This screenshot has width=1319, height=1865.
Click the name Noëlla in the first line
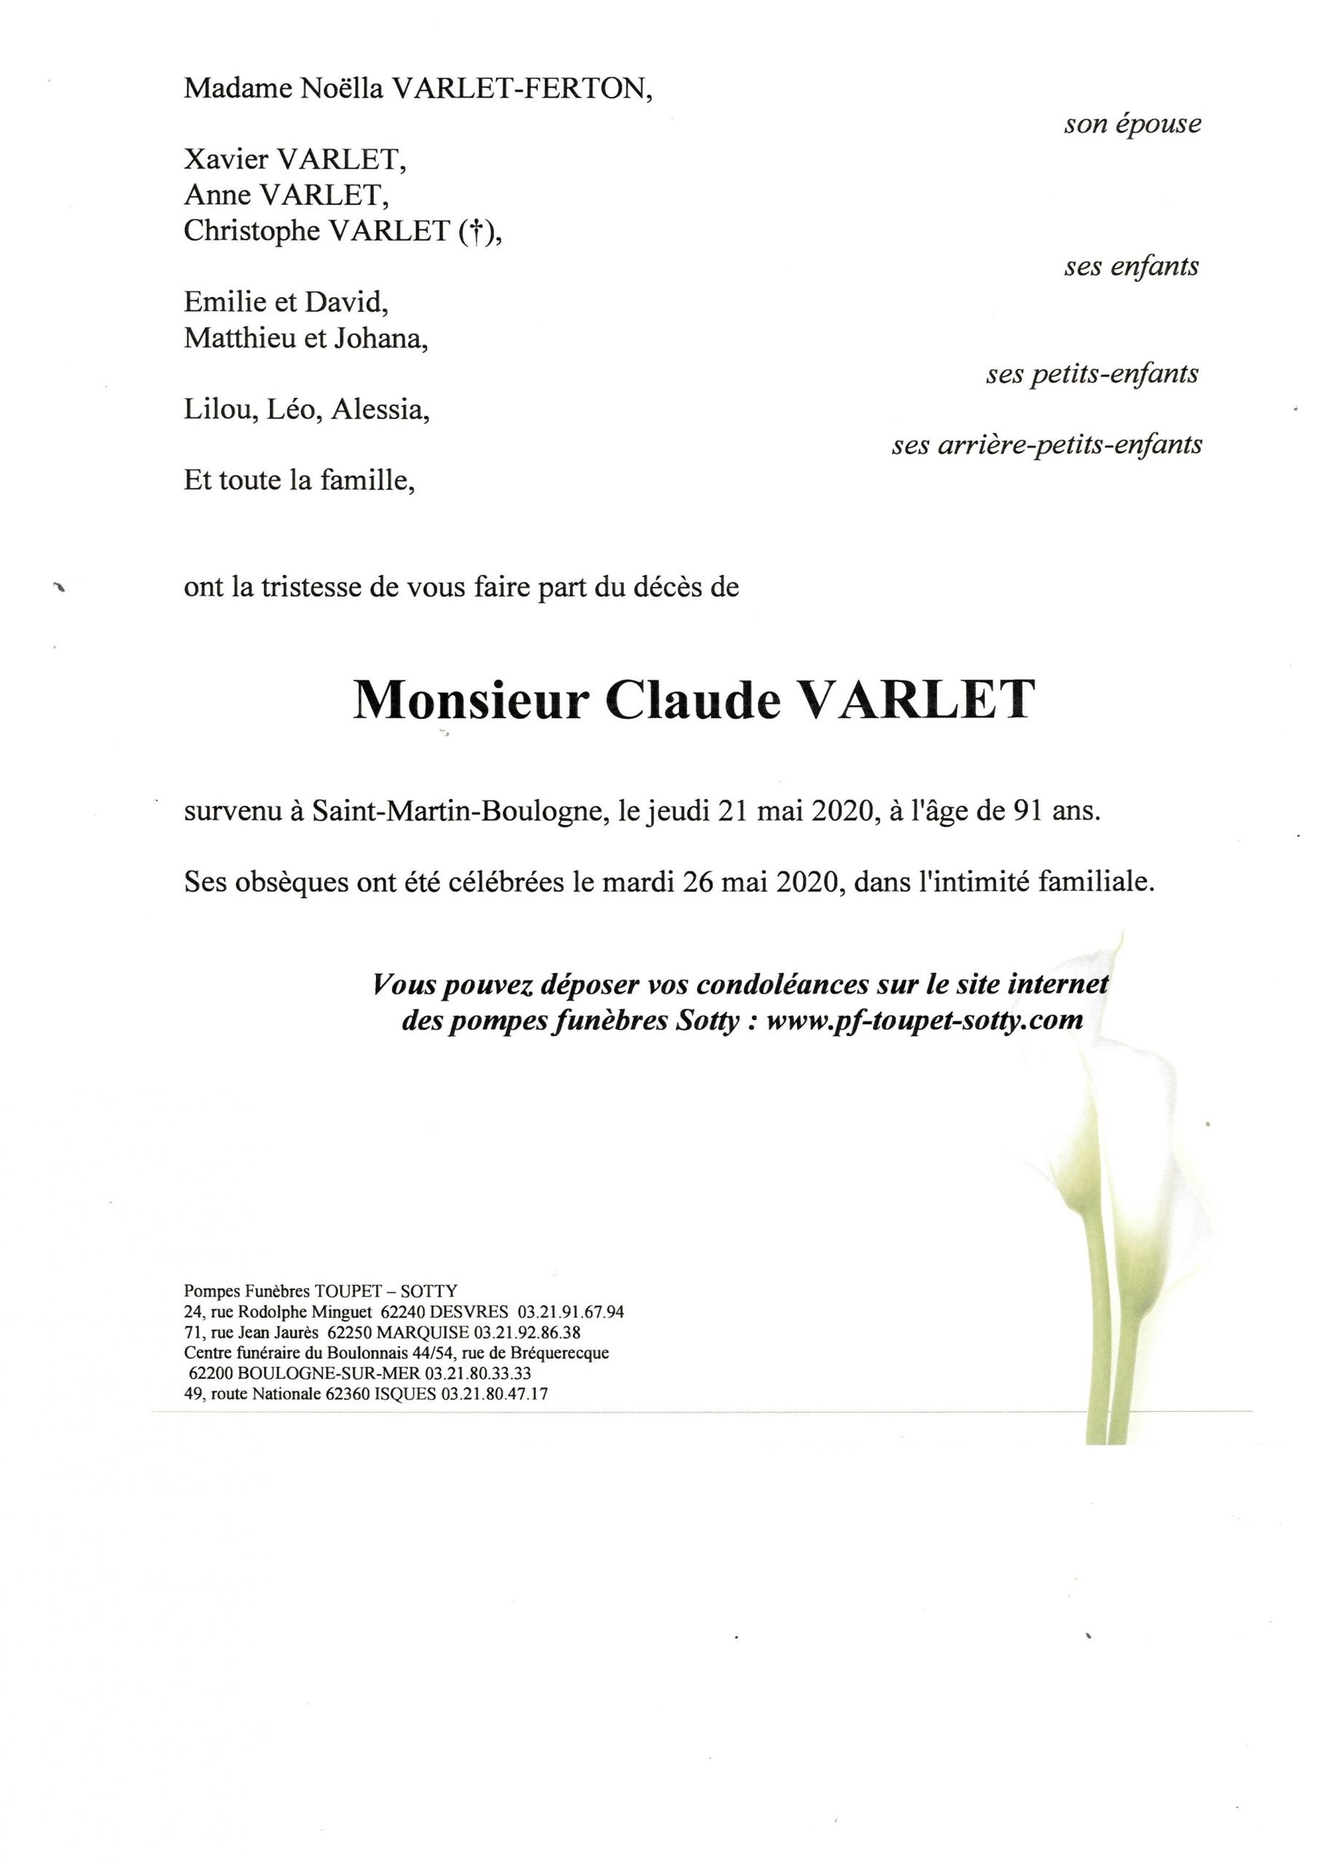click(340, 89)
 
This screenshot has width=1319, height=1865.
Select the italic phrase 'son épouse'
click(1132, 125)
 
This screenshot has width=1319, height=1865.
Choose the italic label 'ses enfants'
click(1131, 267)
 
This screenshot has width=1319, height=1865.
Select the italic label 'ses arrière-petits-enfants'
click(1046, 446)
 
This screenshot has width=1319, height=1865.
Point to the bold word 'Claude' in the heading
click(693, 701)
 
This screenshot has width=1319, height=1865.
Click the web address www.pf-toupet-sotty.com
click(924, 1020)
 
